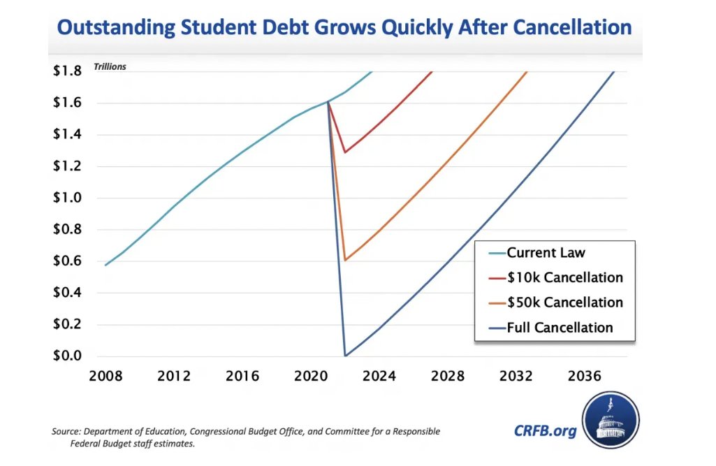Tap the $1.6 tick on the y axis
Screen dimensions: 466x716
point(68,103)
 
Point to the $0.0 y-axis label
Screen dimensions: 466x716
point(68,356)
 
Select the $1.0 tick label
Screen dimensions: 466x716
point(68,198)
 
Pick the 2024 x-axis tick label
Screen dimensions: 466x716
point(379,377)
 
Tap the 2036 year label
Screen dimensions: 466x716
point(585,377)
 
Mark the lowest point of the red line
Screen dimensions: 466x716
point(344,152)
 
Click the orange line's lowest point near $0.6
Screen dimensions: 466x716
point(345,260)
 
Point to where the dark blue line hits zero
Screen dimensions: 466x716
point(345,356)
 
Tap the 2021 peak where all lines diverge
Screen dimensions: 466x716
point(328,102)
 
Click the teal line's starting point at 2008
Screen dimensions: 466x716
point(105,265)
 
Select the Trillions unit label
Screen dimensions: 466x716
point(110,68)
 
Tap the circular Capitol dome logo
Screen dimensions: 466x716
point(611,421)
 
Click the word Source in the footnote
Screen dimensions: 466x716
point(64,432)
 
